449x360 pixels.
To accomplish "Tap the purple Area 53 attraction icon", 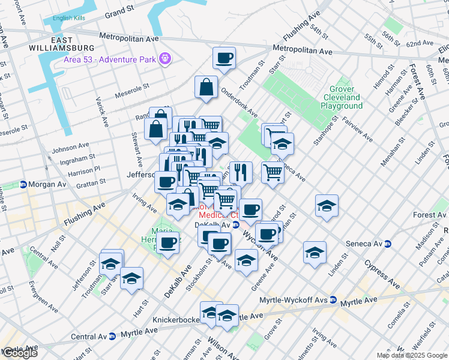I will (x=165, y=59).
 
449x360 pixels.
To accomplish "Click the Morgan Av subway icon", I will (x=23, y=184).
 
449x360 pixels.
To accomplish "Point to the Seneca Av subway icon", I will (x=388, y=244).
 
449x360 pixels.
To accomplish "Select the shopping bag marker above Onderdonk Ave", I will (x=206, y=87).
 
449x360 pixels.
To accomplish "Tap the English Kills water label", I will (x=70, y=18).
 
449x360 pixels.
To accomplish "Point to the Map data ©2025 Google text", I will (x=411, y=355).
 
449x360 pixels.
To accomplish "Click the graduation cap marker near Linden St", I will (x=315, y=253).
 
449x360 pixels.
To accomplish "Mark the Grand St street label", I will (x=119, y=12).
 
